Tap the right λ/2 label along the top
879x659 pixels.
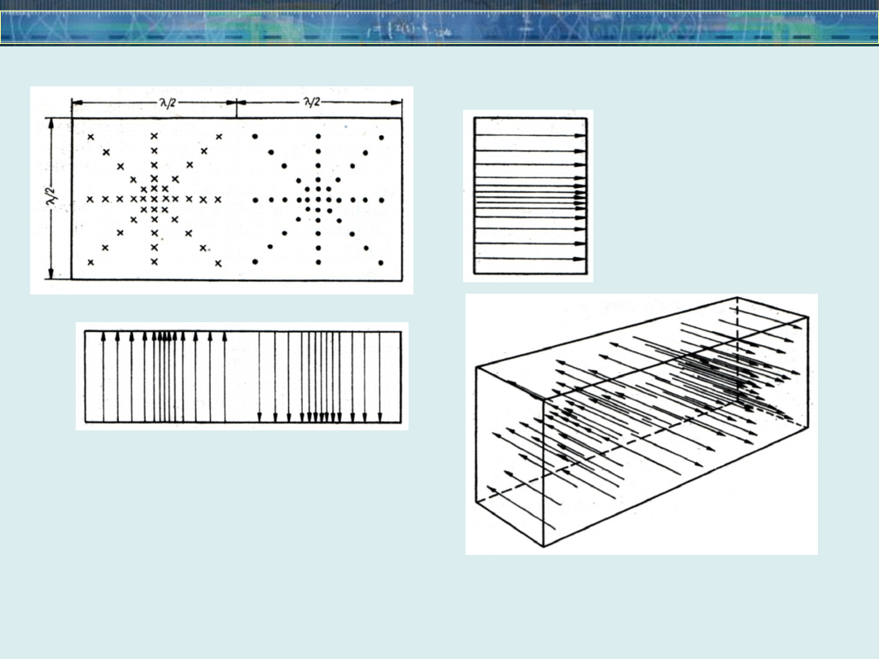pyautogui.click(x=311, y=102)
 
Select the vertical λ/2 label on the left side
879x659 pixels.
pyautogui.click(x=53, y=198)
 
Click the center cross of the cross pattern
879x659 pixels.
pyautogui.click(x=154, y=199)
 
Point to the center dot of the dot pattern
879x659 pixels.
pyautogui.click(x=318, y=199)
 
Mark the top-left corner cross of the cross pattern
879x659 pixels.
pyautogui.click(x=91, y=137)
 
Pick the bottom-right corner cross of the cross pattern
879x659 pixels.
pyautogui.click(x=218, y=264)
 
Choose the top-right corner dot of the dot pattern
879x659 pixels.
pyautogui.click(x=381, y=137)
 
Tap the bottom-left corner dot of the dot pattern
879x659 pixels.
pyautogui.click(x=255, y=262)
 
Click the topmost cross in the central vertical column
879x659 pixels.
pyautogui.click(x=154, y=136)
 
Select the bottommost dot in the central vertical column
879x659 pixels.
pyautogui.click(x=318, y=262)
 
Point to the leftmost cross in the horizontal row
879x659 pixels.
pyautogui.click(x=90, y=199)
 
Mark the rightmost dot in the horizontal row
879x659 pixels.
pyautogui.click(x=382, y=200)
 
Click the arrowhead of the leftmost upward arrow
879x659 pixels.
pyautogui.click(x=103, y=336)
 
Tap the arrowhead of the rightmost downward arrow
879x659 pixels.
pyautogui.click(x=379, y=417)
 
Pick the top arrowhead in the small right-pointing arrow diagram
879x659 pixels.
pyautogui.click(x=582, y=135)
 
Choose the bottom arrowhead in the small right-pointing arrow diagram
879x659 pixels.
pyautogui.click(x=582, y=260)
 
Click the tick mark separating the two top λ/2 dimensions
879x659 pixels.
pyautogui.click(x=236, y=108)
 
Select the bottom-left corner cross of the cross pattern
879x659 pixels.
pyautogui.click(x=91, y=262)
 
